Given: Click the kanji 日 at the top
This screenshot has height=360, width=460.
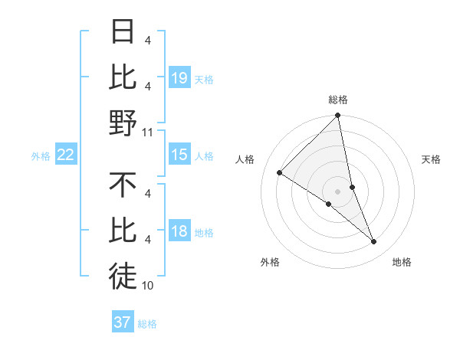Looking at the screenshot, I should point(123,33).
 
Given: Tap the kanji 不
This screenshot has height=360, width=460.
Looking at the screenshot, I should point(123,185).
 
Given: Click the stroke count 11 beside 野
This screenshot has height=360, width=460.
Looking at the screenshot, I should point(148,133).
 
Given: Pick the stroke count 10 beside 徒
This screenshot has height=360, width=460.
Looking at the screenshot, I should point(148,286).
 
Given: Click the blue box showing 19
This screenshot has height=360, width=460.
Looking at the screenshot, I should point(179,77).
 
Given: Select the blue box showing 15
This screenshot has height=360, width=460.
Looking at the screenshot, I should point(179,155).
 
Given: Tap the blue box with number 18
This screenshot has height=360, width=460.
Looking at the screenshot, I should point(179,232).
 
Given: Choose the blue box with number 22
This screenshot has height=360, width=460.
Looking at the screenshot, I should point(66,155).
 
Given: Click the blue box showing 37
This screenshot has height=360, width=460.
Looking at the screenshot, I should point(123,322).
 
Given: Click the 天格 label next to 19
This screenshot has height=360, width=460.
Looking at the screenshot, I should point(203,79).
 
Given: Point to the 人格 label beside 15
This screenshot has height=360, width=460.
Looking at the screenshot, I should point(203,156).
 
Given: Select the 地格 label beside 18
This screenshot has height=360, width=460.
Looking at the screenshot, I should point(203,233).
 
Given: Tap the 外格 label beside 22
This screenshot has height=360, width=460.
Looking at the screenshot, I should point(41,156).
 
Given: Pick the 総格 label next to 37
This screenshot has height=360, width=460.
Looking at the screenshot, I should point(147,324).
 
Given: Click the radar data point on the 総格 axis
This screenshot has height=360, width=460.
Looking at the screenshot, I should point(337,116).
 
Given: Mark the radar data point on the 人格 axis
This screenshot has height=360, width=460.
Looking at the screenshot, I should point(279,173).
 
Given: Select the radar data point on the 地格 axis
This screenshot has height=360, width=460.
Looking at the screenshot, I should point(374,241).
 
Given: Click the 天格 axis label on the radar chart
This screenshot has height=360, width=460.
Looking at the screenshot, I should point(432,160).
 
